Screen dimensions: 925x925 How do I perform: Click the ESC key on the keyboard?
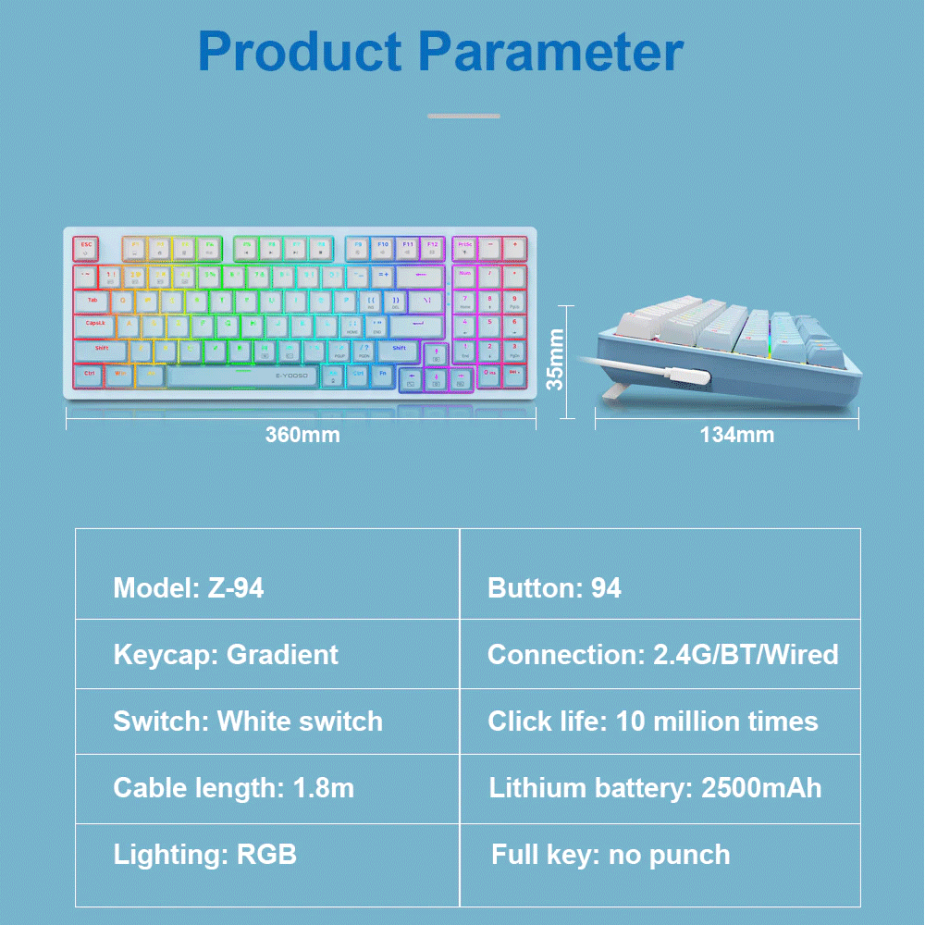85,248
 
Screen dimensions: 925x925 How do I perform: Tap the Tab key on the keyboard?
92,301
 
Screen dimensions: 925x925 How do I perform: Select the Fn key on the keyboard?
384,376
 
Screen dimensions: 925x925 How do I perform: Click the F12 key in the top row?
432,248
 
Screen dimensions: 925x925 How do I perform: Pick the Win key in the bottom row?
119,376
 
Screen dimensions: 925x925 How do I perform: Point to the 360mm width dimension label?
302,434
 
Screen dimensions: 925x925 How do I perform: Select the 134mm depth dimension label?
737,434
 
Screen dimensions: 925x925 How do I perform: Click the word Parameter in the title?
552,53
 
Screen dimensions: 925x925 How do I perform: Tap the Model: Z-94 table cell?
267,587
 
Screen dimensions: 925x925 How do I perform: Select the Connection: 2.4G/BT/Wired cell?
660,655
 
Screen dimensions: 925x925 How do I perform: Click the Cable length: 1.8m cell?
267,788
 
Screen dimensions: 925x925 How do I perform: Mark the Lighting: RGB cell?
267,855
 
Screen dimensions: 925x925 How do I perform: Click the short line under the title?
463,116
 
